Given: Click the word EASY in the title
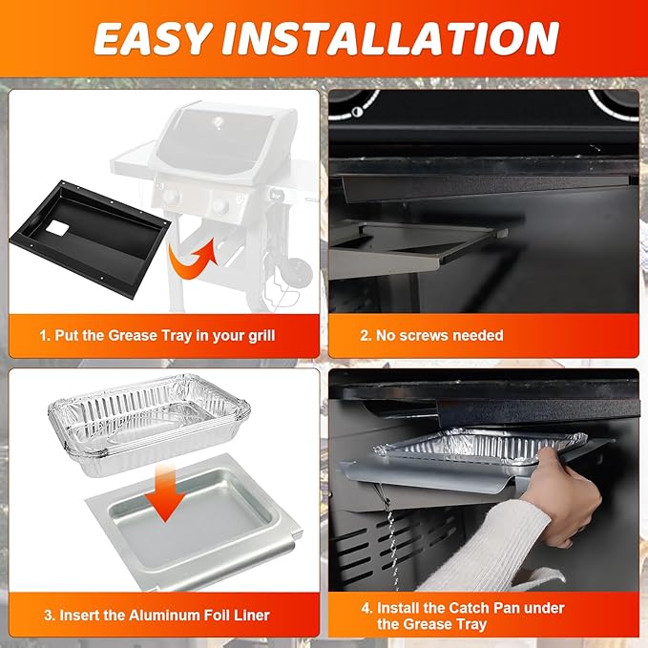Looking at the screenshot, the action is click(x=152, y=38).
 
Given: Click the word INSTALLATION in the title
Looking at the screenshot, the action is click(x=390, y=38).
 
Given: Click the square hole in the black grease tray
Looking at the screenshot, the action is click(x=58, y=228).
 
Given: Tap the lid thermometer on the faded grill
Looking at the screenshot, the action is click(x=219, y=122).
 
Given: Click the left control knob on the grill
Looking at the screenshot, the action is click(x=170, y=197).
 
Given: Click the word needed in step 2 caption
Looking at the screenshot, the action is click(x=484, y=335).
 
